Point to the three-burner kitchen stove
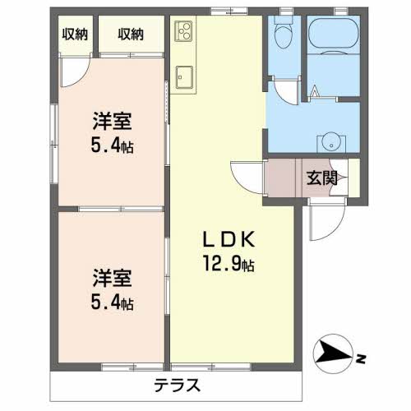(182, 32)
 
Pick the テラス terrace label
(178, 385)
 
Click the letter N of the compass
(360, 358)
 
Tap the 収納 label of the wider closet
(130, 34)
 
